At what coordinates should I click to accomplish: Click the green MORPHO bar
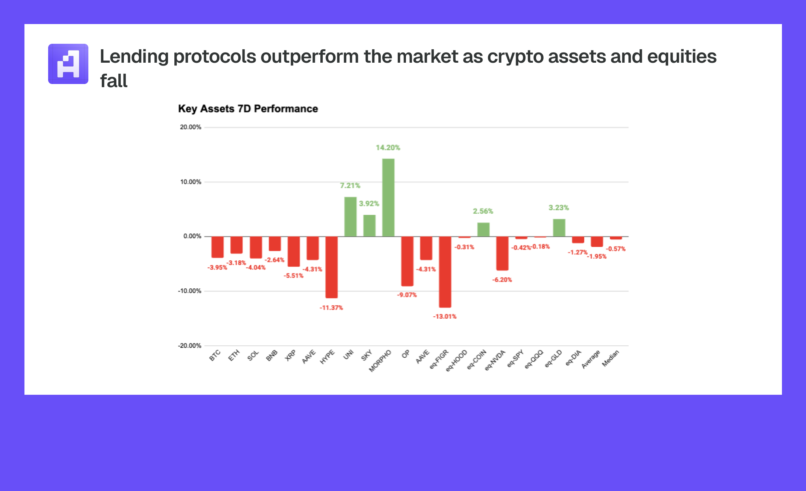click(x=388, y=198)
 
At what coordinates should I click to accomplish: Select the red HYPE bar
click(x=331, y=267)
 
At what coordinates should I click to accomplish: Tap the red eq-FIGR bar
click(x=445, y=272)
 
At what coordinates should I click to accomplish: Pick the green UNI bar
click(x=350, y=217)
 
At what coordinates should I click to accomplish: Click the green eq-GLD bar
click(x=559, y=228)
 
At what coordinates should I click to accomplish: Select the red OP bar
click(x=407, y=261)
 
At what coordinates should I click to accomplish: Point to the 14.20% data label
click(x=388, y=147)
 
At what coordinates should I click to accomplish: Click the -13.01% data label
click(x=445, y=316)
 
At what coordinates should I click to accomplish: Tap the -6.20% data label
click(x=502, y=280)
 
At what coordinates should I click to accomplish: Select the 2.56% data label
click(x=483, y=211)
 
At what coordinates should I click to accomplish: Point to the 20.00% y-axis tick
click(x=191, y=127)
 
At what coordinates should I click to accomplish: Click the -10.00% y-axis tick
click(x=190, y=291)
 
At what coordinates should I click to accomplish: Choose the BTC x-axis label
click(x=215, y=355)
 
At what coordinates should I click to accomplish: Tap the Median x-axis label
click(x=611, y=358)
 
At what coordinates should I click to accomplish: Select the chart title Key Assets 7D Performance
click(x=248, y=108)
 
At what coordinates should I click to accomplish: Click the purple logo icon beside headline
click(x=68, y=64)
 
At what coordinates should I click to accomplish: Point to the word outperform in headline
click(x=310, y=56)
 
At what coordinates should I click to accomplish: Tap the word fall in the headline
click(x=114, y=81)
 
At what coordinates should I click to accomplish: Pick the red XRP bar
click(x=294, y=251)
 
